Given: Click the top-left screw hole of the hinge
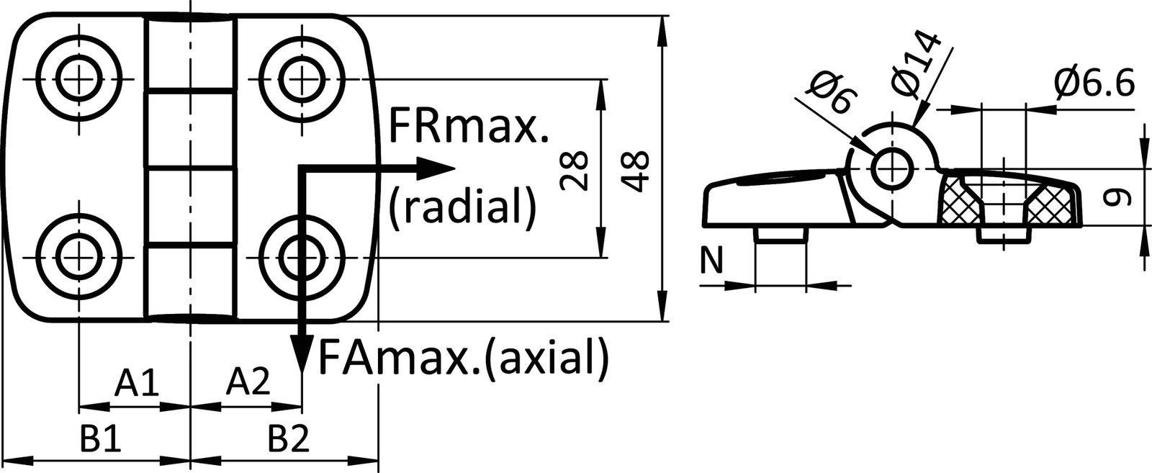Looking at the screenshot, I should (78, 78).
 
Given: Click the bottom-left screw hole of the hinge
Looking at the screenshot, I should (78, 257).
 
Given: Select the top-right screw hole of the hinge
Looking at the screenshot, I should (302, 78).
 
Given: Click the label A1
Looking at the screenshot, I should (137, 382).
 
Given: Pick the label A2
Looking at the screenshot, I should (248, 382).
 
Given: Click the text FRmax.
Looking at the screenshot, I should (469, 127).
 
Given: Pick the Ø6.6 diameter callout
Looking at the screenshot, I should (1094, 84).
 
